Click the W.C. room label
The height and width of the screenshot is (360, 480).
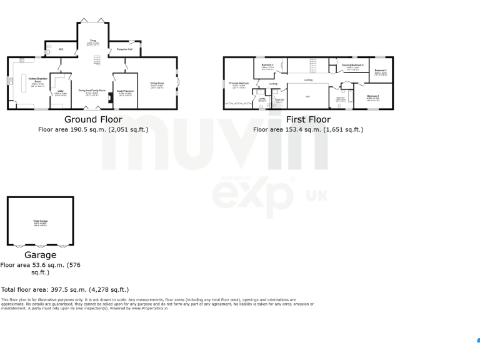click(61, 49)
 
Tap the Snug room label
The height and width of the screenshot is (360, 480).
click(92, 39)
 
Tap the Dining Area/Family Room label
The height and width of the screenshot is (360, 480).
click(92, 91)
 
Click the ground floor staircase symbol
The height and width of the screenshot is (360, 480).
click(97, 61)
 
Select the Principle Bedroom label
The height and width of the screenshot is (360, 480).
click(239, 83)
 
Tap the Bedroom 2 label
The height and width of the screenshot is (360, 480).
click(373, 96)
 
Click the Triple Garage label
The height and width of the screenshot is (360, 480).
click(41, 221)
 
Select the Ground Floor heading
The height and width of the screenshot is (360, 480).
click(93, 119)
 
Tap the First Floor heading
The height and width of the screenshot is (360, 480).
click(308, 119)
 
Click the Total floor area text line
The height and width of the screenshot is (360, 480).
click(65, 290)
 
